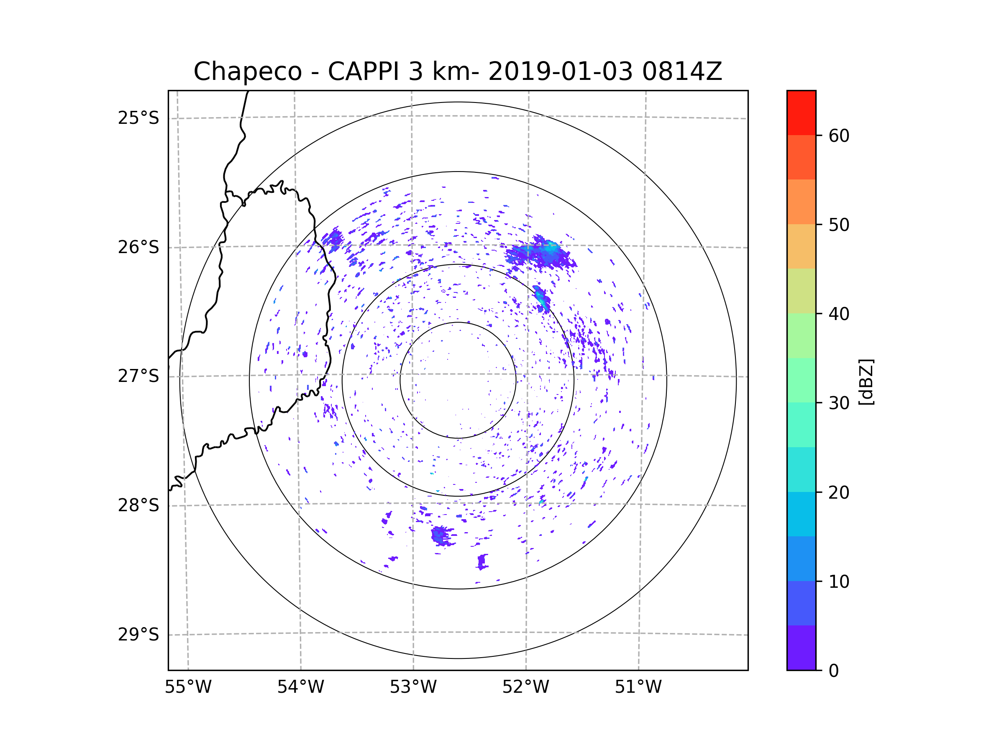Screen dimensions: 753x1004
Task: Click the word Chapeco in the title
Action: pyautogui.click(x=247, y=72)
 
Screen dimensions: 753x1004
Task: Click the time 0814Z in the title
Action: pyautogui.click(x=681, y=72)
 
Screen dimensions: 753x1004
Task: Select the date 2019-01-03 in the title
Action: pyautogui.click(x=560, y=72)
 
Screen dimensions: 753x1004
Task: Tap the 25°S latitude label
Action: pyautogui.click(x=138, y=118)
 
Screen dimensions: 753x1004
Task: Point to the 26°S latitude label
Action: pyautogui.click(x=138, y=247)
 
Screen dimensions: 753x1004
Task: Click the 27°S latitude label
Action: pyautogui.click(x=138, y=376)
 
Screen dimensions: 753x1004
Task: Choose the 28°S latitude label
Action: pyautogui.click(x=138, y=505)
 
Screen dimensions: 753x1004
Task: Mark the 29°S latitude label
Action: pyautogui.click(x=138, y=635)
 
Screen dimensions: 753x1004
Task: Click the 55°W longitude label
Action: pyautogui.click(x=188, y=687)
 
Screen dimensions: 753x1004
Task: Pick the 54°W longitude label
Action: pyautogui.click(x=300, y=687)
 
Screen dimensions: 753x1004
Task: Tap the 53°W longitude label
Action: pyautogui.click(x=413, y=687)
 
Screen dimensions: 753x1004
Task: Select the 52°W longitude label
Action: pyautogui.click(x=525, y=687)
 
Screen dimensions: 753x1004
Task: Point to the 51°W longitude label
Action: pyautogui.click(x=638, y=687)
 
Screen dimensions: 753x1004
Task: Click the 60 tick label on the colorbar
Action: pyautogui.click(x=839, y=136)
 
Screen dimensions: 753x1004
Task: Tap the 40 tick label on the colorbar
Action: pyautogui.click(x=839, y=314)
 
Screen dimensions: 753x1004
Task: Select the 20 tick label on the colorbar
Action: pyautogui.click(x=839, y=492)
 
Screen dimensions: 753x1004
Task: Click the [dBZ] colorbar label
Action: pyautogui.click(x=866, y=382)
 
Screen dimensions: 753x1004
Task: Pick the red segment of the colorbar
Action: pyautogui.click(x=801, y=113)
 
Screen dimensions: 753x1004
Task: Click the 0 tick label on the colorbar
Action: pyautogui.click(x=834, y=671)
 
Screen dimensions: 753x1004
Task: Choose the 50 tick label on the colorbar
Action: pyautogui.click(x=839, y=225)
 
